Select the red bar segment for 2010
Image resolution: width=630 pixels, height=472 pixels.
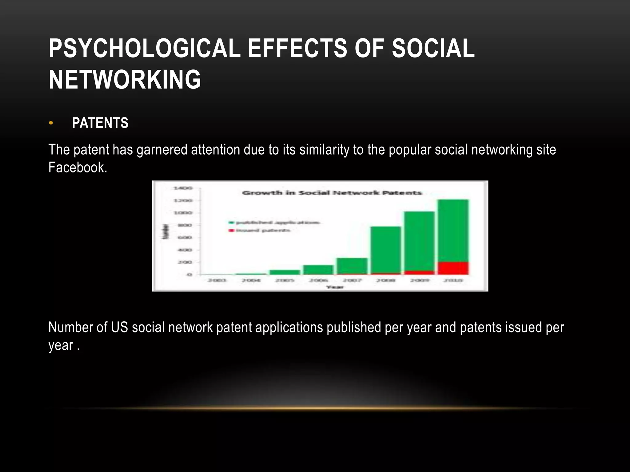(x=453, y=268)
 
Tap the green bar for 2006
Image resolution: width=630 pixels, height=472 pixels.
(x=318, y=270)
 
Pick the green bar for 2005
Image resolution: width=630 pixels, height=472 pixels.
(x=285, y=272)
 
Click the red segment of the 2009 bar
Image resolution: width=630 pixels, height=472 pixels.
(x=419, y=273)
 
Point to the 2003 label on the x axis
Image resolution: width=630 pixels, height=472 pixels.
(x=217, y=280)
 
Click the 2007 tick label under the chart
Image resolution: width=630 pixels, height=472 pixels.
(x=352, y=280)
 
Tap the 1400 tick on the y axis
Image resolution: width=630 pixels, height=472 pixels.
(x=183, y=188)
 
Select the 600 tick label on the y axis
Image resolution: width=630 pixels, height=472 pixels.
(x=185, y=238)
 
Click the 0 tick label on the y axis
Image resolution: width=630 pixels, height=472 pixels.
(x=189, y=274)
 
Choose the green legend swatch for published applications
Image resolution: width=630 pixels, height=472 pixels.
(x=231, y=222)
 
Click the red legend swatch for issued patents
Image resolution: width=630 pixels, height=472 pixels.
(x=231, y=230)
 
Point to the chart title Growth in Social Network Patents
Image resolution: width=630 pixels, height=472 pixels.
(x=332, y=193)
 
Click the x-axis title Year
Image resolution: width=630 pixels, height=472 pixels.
(x=335, y=287)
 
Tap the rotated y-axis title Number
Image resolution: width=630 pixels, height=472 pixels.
(x=166, y=231)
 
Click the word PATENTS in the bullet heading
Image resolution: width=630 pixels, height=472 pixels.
(x=100, y=123)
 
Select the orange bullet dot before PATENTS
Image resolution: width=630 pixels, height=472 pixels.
(x=51, y=123)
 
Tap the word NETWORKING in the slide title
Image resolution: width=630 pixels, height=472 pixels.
(x=125, y=79)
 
